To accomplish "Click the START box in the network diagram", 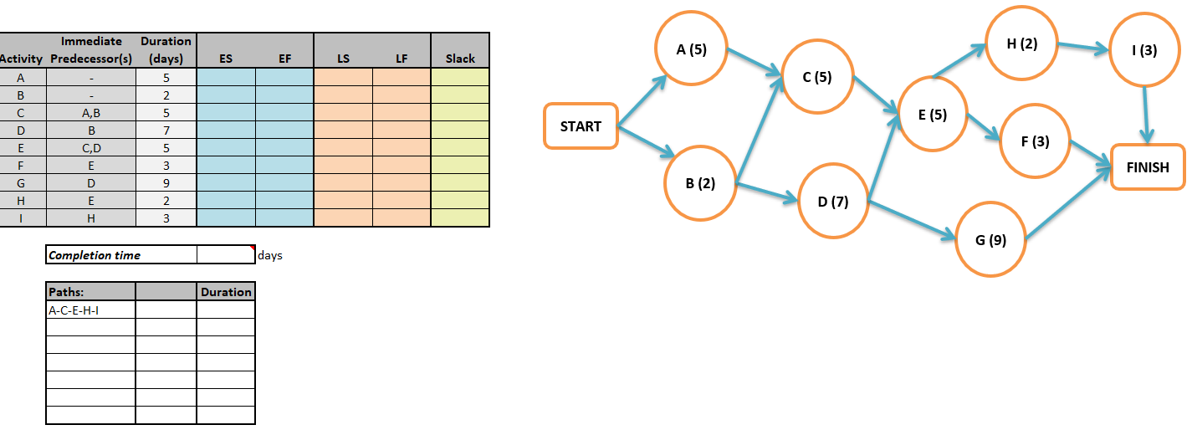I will pos(581,126).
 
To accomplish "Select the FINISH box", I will pos(1148,166).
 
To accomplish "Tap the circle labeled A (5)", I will pos(691,49).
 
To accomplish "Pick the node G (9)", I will pos(990,240).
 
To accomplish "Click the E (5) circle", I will pos(932,115).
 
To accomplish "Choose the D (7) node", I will pos(833,202).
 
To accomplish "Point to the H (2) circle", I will pos(1021,44).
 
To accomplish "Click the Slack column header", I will pos(460,59).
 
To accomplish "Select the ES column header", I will pos(226,59).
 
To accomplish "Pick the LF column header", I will pos(402,59).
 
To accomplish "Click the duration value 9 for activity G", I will pos(166,182).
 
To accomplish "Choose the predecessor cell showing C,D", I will pos(90,147).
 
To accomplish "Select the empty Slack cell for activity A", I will pos(460,77).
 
